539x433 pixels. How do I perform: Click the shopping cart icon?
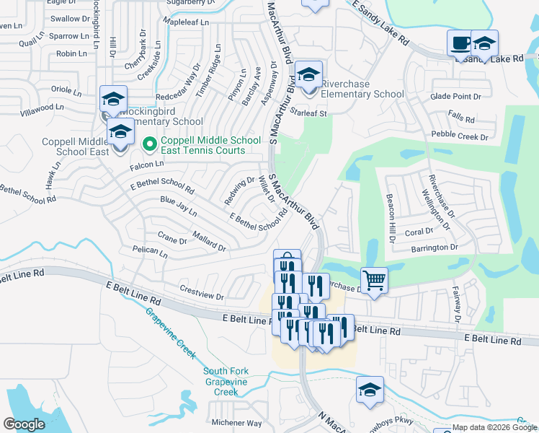pyautogui.click(x=373, y=279)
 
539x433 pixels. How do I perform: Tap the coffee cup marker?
pyautogui.click(x=459, y=42)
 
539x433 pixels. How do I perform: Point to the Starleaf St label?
pyautogui.click(x=308, y=113)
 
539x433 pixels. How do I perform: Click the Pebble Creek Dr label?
pyautogui.click(x=460, y=135)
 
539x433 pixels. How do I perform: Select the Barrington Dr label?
pyautogui.click(x=435, y=248)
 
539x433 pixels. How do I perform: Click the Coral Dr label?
pyautogui.click(x=419, y=232)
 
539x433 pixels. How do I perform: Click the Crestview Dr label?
pyautogui.click(x=202, y=297)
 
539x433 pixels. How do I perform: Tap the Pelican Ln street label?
pyautogui.click(x=150, y=253)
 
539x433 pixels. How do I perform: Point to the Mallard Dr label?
pyautogui.click(x=209, y=241)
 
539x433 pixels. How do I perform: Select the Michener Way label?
pyautogui.click(x=236, y=423)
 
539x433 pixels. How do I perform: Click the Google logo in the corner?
pyautogui.click(x=24, y=424)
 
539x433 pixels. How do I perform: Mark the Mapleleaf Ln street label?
pyautogui.click(x=186, y=22)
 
